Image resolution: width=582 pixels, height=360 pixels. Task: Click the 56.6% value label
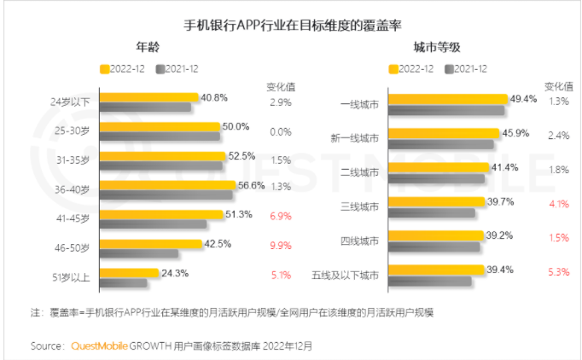[x=252, y=185]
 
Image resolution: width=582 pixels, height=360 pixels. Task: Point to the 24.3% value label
[x=175, y=273]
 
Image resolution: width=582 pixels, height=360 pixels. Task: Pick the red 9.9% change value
[x=281, y=246]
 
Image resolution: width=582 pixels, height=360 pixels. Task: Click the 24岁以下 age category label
[x=74, y=102]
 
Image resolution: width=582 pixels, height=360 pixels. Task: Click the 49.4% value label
[x=523, y=99]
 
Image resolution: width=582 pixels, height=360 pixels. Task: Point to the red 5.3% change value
[x=558, y=272]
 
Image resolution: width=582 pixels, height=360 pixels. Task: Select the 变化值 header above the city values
[x=558, y=84]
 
